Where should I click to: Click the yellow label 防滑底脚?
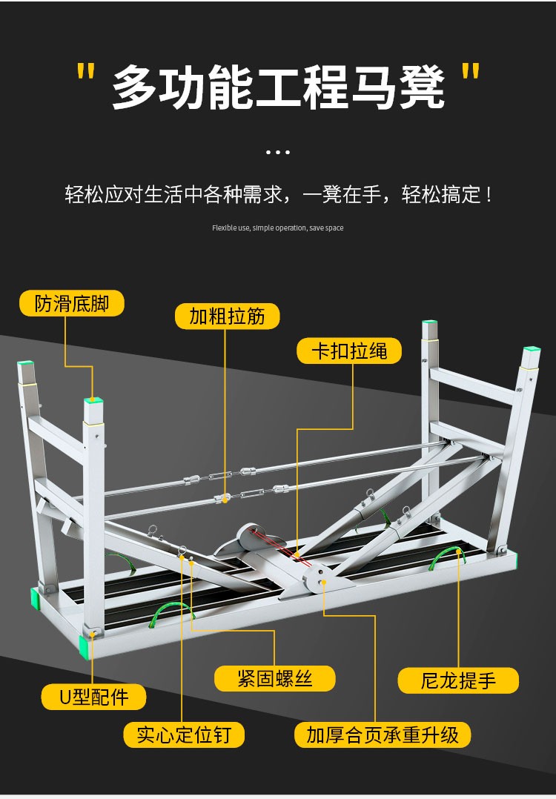click(x=72, y=303)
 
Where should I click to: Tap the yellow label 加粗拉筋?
click(x=228, y=316)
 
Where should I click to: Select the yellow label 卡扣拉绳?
click(x=349, y=350)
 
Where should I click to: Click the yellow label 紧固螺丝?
click(x=275, y=678)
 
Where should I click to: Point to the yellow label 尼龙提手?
click(x=458, y=680)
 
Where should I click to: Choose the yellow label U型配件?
click(x=94, y=697)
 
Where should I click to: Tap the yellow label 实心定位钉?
click(x=184, y=735)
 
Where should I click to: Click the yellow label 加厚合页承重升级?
click(x=383, y=735)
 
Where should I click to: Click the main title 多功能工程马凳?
click(x=278, y=87)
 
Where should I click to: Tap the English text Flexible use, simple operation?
click(x=277, y=228)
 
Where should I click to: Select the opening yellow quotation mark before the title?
click(x=86, y=73)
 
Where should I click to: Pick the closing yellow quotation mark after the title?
click(x=469, y=73)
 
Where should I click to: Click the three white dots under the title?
click(x=277, y=153)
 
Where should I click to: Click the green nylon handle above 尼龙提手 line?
click(x=448, y=557)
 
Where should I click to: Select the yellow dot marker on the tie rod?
click(x=225, y=500)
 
